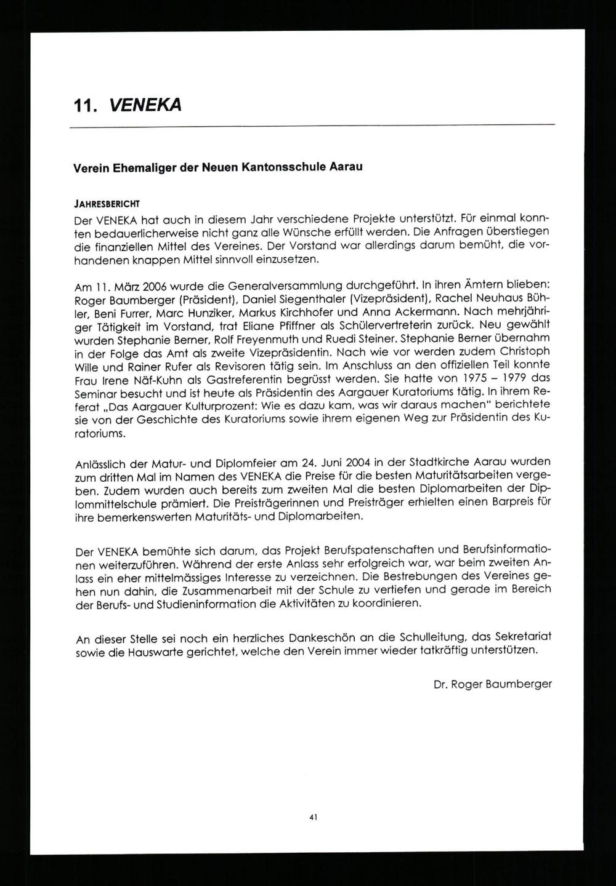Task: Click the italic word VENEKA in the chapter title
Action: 145,106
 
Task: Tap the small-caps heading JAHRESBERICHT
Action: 107,204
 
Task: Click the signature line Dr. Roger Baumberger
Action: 492,684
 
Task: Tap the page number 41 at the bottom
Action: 313,818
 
